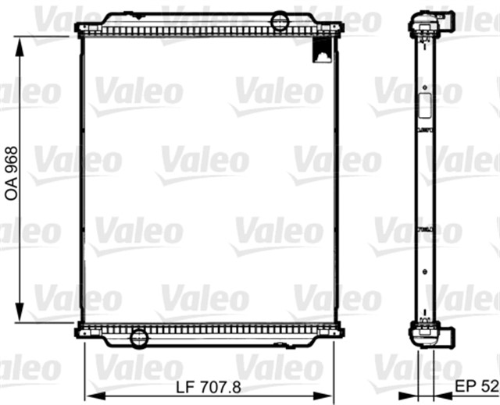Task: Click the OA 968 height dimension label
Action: pos(12,173)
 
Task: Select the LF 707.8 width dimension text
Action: pos(209,388)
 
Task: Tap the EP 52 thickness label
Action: pos(477,386)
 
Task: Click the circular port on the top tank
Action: pos(280,20)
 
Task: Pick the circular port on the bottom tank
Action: pos(139,338)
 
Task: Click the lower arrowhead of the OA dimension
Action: pos(20,312)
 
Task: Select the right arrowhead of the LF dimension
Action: pos(323,396)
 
